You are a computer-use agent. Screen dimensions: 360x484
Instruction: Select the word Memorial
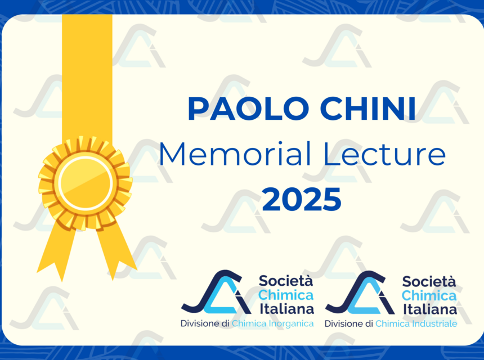219,155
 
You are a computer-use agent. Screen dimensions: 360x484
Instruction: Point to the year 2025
302,199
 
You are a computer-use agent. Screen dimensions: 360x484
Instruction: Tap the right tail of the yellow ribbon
116,250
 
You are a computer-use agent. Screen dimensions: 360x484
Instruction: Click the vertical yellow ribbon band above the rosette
87,73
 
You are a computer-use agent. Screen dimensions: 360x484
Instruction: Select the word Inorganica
288,323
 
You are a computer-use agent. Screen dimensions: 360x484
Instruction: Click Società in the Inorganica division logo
286,281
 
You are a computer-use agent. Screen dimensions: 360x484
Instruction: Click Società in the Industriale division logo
429,281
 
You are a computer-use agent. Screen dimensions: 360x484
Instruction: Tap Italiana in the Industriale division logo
429,309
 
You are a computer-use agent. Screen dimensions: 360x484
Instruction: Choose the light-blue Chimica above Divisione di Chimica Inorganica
286,295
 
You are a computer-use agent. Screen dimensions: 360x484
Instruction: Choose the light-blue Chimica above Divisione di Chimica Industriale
429,295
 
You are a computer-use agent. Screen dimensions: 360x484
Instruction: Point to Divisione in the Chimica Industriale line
344,323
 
